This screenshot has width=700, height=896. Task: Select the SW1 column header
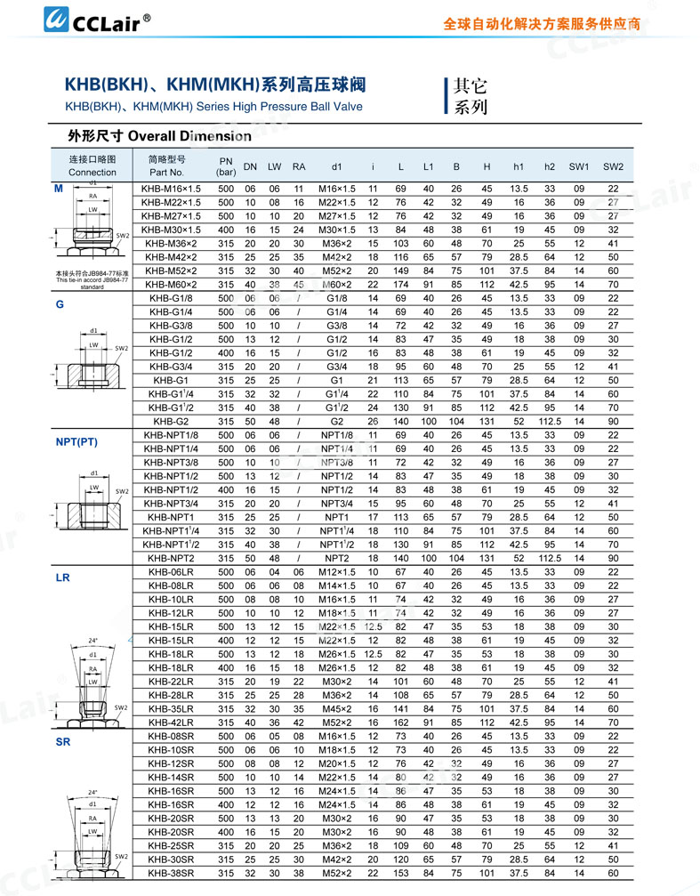click(x=579, y=166)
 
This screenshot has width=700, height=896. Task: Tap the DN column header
click(x=250, y=166)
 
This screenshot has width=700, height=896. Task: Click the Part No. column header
click(x=166, y=165)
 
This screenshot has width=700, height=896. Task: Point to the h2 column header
click(x=550, y=166)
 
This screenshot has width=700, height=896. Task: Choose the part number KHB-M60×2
click(x=173, y=284)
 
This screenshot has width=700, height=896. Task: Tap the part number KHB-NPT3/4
click(x=173, y=503)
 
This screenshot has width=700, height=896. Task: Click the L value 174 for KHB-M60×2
click(x=401, y=284)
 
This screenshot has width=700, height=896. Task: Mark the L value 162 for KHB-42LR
click(x=401, y=722)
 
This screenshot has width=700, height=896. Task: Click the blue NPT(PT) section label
click(x=76, y=441)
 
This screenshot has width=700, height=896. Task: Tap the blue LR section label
click(x=63, y=578)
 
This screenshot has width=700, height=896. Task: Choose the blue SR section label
click(x=63, y=741)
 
